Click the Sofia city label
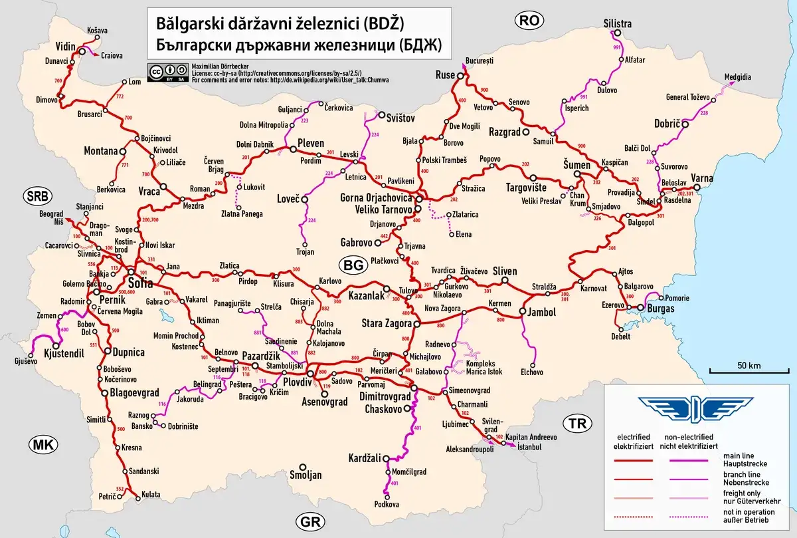pyautogui.click(x=140, y=283)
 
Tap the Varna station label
pyautogui.click(x=702, y=178)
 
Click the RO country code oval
pyautogui.click(x=529, y=21)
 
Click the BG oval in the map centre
pyautogui.click(x=353, y=265)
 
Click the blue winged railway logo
pyautogui.click(x=695, y=408)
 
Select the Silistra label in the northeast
pyautogui.click(x=617, y=24)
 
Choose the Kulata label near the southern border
pyautogui.click(x=150, y=495)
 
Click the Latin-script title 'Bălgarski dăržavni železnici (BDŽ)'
pyautogui.click(x=280, y=25)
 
